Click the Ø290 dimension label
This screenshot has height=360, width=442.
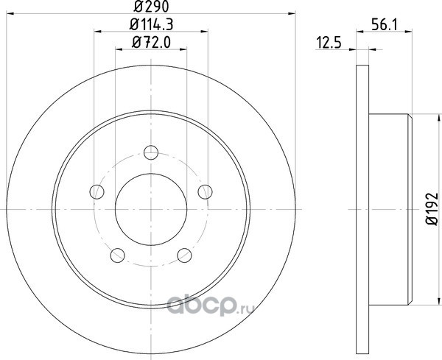coord(151,7)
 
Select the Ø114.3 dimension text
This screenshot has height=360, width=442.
coord(151,24)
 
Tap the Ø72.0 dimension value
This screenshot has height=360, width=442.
coord(151,43)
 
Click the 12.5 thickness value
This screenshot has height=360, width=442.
coord(329,43)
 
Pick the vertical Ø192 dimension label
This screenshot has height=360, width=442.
coord(432,208)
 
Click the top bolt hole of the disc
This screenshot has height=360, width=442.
coord(151,152)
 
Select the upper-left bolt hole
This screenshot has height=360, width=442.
coord(97,192)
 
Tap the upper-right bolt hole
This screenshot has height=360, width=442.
coord(206,192)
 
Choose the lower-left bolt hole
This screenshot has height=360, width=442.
coord(118,255)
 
